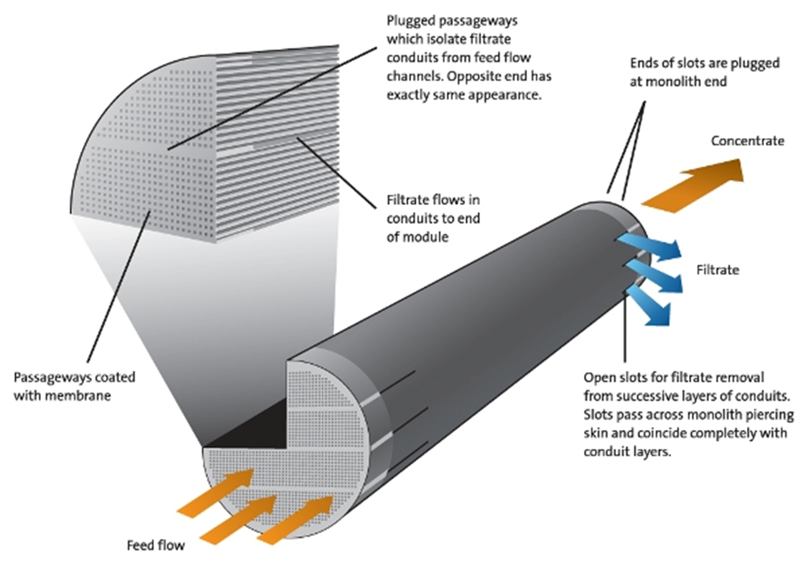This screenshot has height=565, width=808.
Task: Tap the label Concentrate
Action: click(x=747, y=141)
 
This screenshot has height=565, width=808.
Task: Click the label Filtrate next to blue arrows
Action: click(x=717, y=270)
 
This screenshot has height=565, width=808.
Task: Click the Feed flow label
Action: click(x=155, y=546)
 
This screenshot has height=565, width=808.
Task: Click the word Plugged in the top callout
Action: click(x=410, y=21)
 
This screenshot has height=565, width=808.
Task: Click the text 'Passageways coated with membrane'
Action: click(x=74, y=386)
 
